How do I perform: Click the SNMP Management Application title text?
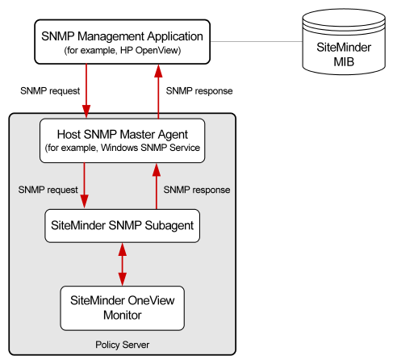coord(122,36)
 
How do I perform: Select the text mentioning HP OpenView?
coord(121,51)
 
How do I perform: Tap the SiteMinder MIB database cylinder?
coord(334,45)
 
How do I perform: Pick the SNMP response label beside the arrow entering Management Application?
coord(199,90)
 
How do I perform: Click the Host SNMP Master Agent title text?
coord(121,134)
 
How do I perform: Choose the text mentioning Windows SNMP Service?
coord(121,149)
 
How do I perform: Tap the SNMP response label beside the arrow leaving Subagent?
coord(197,190)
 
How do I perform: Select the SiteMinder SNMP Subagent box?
coord(121,225)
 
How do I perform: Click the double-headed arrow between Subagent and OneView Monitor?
coord(122,263)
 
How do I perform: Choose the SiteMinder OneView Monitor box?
coord(122,306)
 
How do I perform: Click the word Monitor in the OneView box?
coord(122,314)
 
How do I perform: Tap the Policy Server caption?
coord(122,345)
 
